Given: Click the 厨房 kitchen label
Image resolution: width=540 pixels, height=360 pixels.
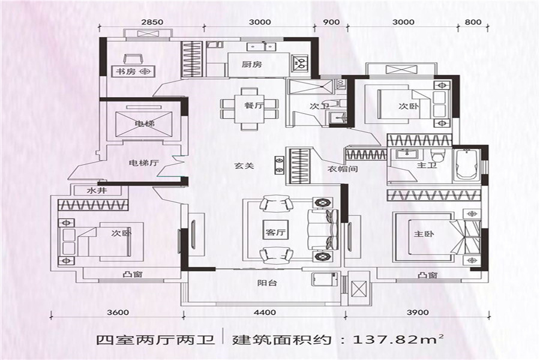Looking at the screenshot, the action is [x=252, y=64].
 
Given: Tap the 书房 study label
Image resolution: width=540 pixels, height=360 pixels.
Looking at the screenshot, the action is [x=126, y=71].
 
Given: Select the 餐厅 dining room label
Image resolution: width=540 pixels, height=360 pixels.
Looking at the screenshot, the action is [x=254, y=105].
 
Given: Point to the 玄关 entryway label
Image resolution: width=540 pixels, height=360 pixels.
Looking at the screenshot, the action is [x=244, y=166].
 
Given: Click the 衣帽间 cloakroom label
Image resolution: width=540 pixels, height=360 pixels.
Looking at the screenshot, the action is [x=343, y=169].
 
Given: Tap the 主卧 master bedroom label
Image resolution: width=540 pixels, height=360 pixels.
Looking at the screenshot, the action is [x=424, y=234].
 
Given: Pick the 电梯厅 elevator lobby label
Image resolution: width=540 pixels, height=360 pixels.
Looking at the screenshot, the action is [x=143, y=162].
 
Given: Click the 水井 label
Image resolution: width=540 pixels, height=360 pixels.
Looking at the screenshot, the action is [x=97, y=191].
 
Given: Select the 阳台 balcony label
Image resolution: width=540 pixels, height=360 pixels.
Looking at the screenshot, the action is [x=267, y=283].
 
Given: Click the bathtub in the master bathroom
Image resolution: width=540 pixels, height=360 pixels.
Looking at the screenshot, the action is [x=466, y=164].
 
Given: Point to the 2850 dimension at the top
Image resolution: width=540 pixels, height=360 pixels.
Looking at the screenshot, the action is [x=152, y=22].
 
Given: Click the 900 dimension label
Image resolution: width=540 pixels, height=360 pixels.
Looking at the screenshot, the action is [x=331, y=22].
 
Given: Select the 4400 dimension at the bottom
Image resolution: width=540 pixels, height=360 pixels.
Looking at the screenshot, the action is [x=265, y=313].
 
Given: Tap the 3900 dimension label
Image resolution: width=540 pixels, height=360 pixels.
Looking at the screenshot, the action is [x=418, y=313].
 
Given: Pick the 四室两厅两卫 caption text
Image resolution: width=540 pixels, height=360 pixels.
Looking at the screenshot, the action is [x=155, y=340].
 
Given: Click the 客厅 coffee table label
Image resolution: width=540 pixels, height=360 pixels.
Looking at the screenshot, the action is [x=274, y=233].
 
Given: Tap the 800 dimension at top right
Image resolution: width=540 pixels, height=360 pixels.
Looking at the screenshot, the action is [x=473, y=22].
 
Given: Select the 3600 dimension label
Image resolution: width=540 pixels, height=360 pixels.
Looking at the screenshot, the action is [x=118, y=313].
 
